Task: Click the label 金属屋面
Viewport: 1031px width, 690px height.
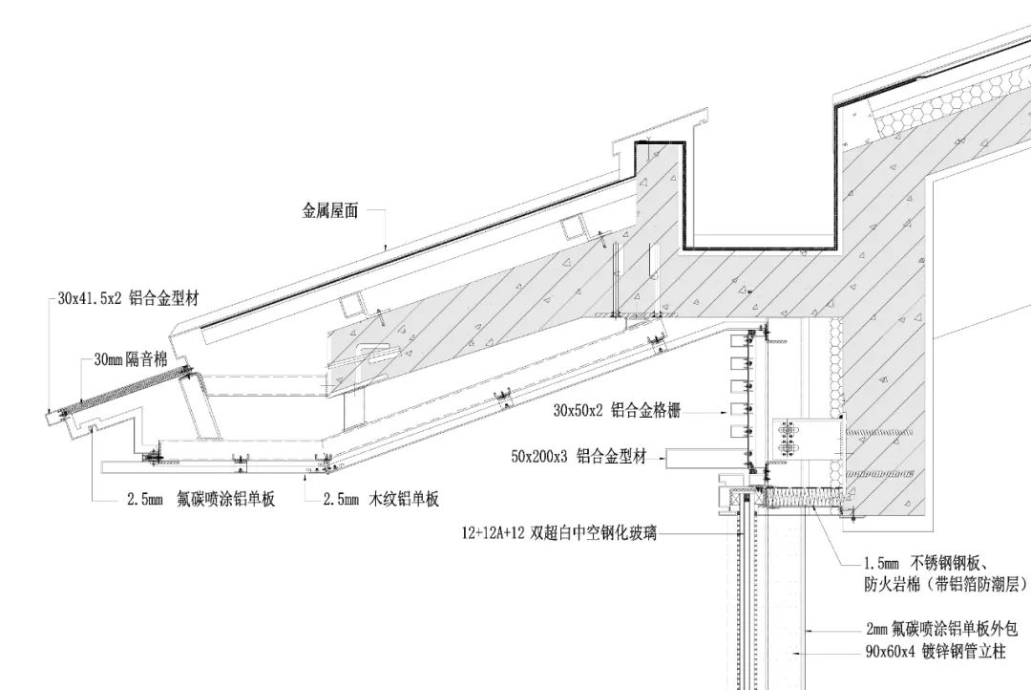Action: [x=330, y=212]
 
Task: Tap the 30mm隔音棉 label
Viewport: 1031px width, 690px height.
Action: [x=130, y=360]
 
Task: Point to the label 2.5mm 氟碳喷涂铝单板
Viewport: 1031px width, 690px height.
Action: [x=201, y=498]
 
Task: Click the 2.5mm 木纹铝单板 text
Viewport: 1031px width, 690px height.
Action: [x=381, y=498]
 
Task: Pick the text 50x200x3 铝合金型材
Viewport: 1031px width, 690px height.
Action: [x=579, y=458]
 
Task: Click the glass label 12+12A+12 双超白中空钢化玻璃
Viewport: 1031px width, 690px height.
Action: [x=559, y=533]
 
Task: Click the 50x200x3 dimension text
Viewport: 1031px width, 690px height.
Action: [x=539, y=458]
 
